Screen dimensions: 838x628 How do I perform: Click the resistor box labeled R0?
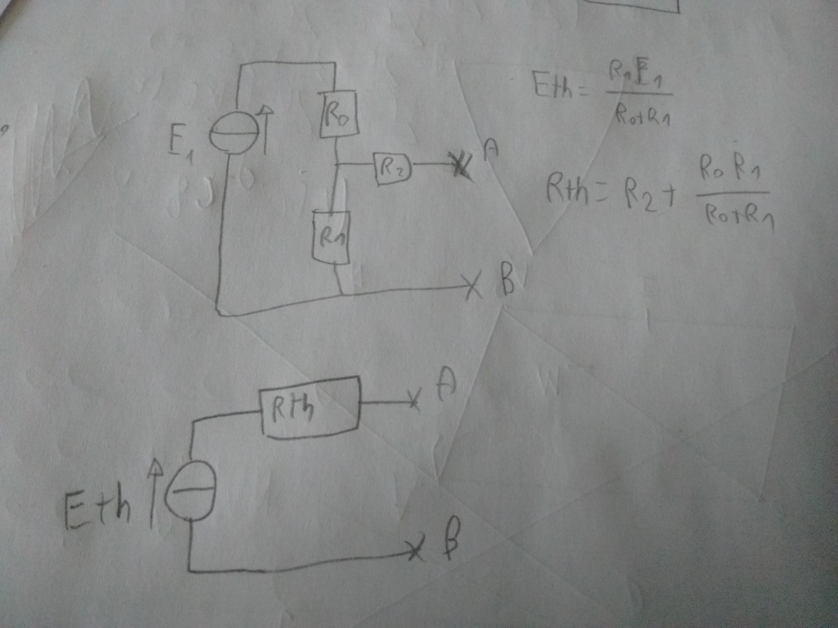(338, 114)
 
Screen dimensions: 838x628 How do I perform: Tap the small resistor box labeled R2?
(392, 168)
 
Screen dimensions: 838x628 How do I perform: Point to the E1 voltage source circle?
(227, 135)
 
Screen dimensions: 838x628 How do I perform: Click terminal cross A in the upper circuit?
(461, 166)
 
